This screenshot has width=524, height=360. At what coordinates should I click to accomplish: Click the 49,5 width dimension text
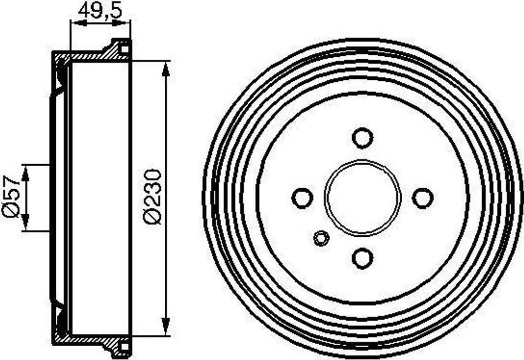click(x=100, y=11)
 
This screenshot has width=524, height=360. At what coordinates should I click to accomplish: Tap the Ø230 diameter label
click(x=152, y=196)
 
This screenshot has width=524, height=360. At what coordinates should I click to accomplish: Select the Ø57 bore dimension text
click(x=11, y=196)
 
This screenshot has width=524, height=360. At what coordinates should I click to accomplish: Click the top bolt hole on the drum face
click(x=363, y=138)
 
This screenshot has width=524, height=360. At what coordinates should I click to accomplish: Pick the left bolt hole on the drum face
click(x=302, y=198)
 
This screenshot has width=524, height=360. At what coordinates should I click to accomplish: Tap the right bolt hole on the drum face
click(x=423, y=198)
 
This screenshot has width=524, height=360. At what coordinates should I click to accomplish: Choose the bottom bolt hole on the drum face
click(x=363, y=258)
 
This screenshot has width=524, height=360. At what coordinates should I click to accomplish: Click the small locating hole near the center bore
click(x=321, y=238)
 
